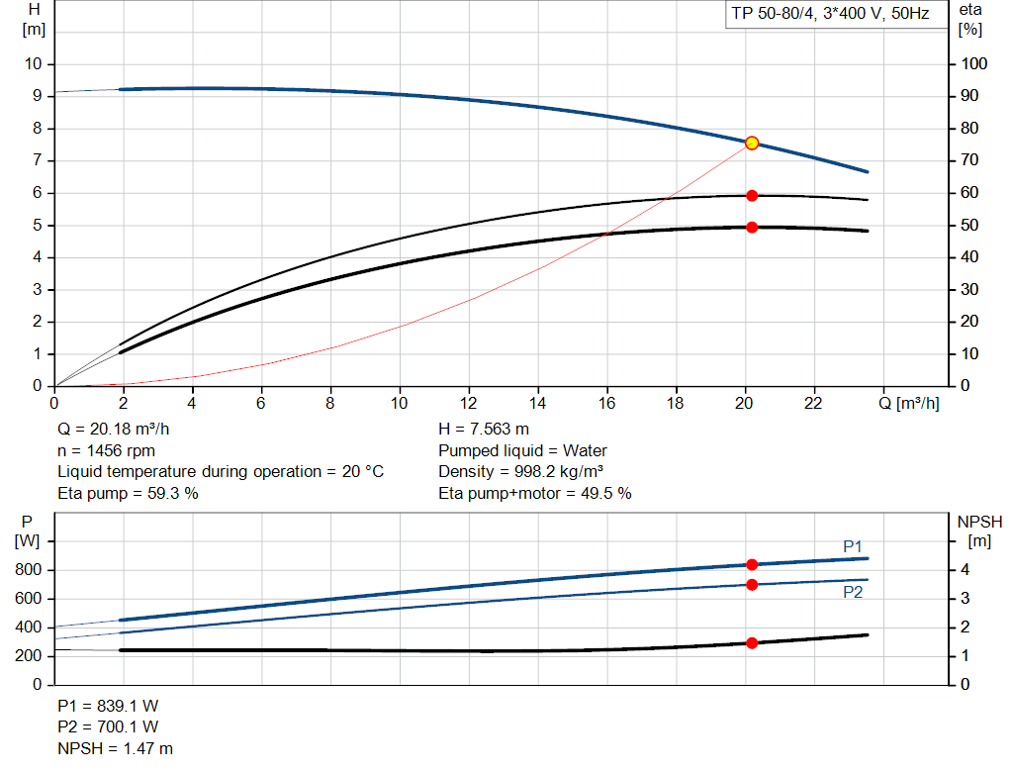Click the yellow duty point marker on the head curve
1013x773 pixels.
[751, 143]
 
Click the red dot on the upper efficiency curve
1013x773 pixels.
[751, 196]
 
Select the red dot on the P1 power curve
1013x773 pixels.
[751, 564]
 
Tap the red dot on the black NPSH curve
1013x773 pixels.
[751, 642]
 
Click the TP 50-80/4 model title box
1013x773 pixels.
[830, 16]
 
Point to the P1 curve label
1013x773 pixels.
[853, 546]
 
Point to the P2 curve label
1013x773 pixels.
[853, 592]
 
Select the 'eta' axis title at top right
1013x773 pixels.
[969, 9]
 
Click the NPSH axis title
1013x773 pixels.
[979, 521]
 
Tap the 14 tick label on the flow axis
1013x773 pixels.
[537, 404]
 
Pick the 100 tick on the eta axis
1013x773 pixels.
[975, 64]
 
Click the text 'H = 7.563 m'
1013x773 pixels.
[483, 430]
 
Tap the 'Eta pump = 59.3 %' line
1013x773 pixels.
[128, 493]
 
